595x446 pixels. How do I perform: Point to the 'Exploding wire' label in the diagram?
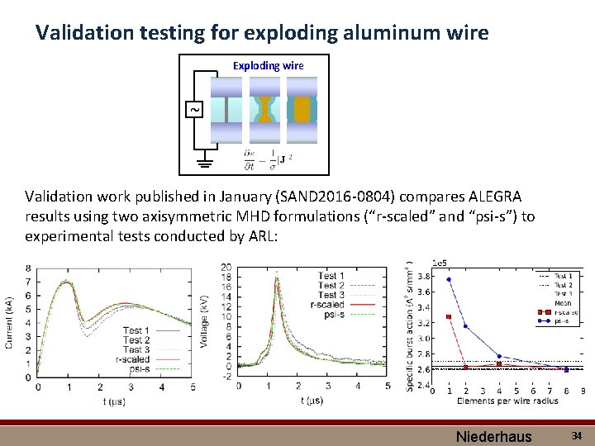[268, 65]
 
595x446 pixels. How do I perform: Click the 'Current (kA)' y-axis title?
[10, 322]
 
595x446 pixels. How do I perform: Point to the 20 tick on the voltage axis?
[226, 267]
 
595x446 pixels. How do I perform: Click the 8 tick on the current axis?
[29, 268]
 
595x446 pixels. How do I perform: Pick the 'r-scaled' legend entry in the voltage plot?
[328, 305]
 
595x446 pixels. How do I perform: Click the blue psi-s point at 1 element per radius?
[448, 279]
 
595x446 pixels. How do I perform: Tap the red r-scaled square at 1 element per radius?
[448, 317]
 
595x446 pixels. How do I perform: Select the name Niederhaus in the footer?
[494, 435]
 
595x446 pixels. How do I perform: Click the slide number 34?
[576, 434]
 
